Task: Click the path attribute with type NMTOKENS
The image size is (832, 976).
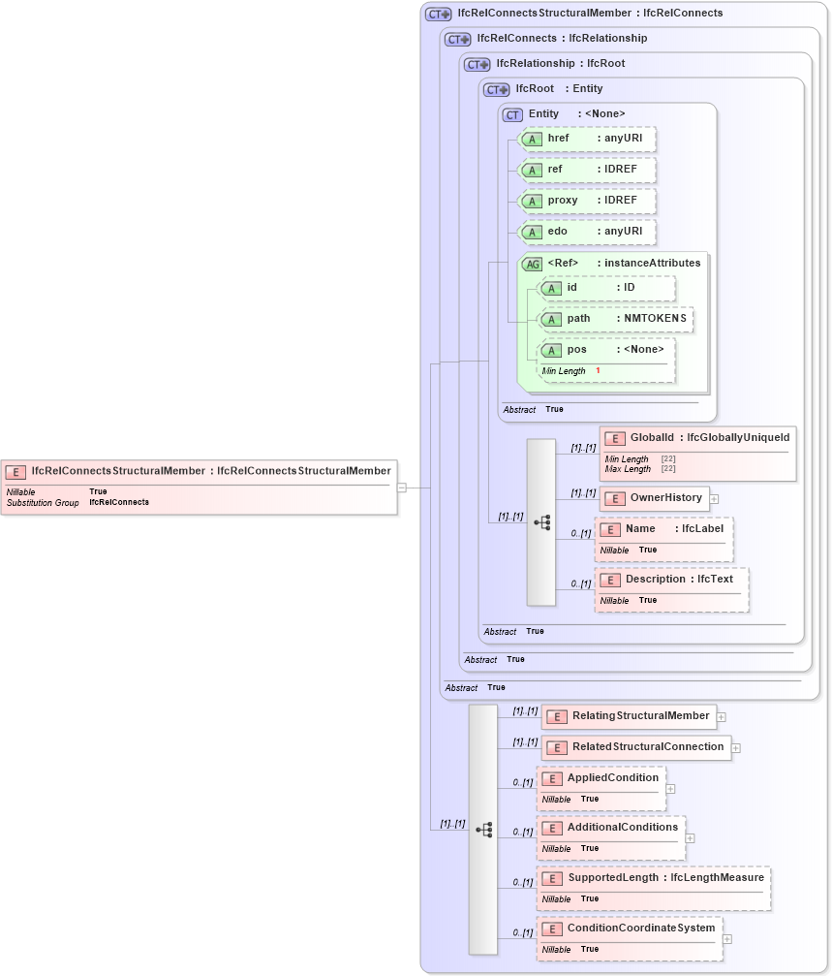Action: pyautogui.click(x=615, y=319)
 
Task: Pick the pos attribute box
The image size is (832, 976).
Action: pyautogui.click(x=606, y=350)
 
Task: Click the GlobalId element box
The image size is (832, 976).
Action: pyautogui.click(x=697, y=439)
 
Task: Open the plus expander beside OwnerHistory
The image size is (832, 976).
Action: pyautogui.click(x=715, y=499)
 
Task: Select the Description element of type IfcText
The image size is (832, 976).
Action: pyautogui.click(x=670, y=580)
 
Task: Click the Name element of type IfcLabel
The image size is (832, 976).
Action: pyautogui.click(x=663, y=529)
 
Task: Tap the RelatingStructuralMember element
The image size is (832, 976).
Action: pyautogui.click(x=629, y=716)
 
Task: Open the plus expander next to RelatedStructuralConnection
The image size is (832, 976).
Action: pyautogui.click(x=736, y=748)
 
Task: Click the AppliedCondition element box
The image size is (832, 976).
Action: pyautogui.click(x=601, y=778)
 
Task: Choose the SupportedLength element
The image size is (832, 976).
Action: pyautogui.click(x=654, y=878)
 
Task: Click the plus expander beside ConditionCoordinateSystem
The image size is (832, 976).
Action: pyautogui.click(x=727, y=939)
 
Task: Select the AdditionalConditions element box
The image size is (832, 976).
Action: pyautogui.click(x=611, y=828)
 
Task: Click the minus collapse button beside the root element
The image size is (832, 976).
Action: pyautogui.click(x=402, y=488)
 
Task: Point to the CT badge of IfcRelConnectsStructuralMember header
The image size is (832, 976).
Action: pyautogui.click(x=438, y=15)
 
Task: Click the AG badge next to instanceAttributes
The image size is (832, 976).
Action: pyautogui.click(x=532, y=264)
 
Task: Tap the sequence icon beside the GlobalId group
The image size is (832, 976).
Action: pyautogui.click(x=541, y=522)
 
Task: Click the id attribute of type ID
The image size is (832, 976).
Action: pyautogui.click(x=606, y=288)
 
